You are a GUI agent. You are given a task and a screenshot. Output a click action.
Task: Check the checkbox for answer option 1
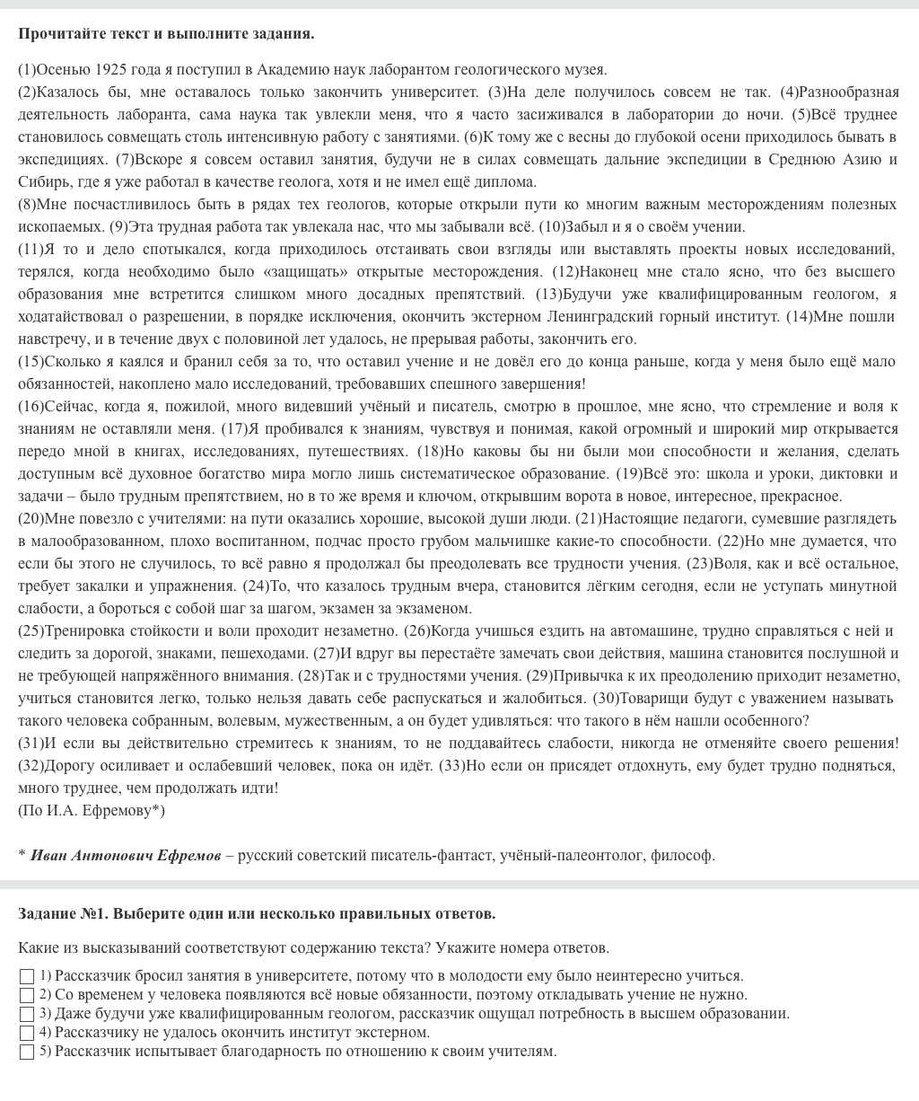(x=27, y=977)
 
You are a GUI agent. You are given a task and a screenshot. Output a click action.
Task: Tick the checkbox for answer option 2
(x=27, y=996)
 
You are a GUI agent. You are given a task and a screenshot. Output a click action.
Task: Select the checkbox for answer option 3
(x=27, y=1015)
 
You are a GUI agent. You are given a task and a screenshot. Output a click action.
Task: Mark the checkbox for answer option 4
(x=27, y=1034)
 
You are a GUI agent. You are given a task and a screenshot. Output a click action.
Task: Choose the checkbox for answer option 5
(x=27, y=1053)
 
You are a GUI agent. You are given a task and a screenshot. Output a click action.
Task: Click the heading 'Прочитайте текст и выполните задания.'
(x=166, y=34)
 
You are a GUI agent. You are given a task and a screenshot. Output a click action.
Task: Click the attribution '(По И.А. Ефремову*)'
(x=92, y=811)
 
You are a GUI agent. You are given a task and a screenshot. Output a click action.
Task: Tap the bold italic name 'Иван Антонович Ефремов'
(x=126, y=856)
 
